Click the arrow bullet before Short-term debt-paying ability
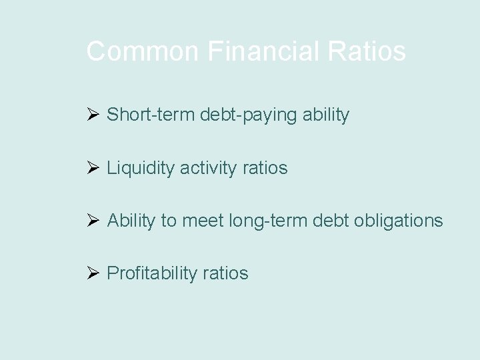coord(93,115)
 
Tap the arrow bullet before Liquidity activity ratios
coord(93,167)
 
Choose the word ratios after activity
coord(265,168)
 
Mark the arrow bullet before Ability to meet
coord(93,220)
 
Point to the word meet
coord(203,221)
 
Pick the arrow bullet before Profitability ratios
coord(93,273)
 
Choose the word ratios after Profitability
coord(226,273)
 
